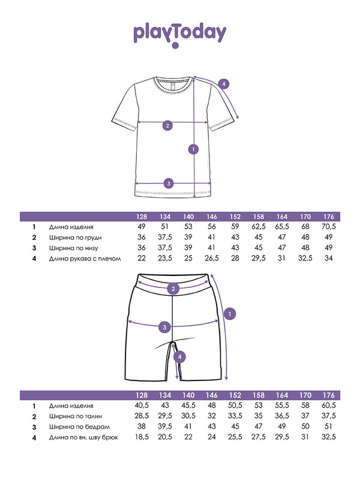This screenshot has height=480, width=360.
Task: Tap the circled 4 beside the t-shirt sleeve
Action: pos(224,84)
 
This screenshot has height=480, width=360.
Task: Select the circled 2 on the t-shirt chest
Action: pos(168,125)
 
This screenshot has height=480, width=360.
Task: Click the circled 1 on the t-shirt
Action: pos(193,149)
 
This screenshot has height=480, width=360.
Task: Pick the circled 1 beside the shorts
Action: pos(232,313)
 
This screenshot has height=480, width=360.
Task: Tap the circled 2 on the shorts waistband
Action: pos(173,289)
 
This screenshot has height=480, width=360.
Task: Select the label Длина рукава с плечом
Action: pos(85,259)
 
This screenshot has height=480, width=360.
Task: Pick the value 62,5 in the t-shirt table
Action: pos(259,227)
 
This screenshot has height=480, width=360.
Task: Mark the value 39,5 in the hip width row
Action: pos(164,427)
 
